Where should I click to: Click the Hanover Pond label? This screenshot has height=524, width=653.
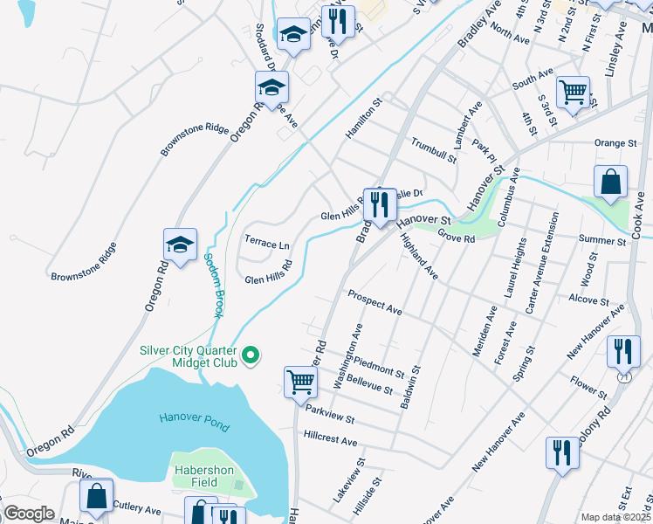pyautogui.click(x=194, y=422)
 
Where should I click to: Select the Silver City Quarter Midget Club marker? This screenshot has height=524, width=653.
pyautogui.click(x=251, y=355)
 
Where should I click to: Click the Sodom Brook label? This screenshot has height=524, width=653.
pyautogui.click(x=211, y=285)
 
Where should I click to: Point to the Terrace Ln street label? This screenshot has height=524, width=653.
pyautogui.click(x=266, y=245)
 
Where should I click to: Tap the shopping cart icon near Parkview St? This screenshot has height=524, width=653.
pyautogui.click(x=299, y=382)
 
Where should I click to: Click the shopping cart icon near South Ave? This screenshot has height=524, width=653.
pyautogui.click(x=573, y=92)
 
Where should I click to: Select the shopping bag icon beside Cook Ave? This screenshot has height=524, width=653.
pyautogui.click(x=610, y=182)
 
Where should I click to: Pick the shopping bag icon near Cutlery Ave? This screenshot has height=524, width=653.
pyautogui.click(x=96, y=495)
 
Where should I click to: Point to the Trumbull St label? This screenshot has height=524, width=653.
pyautogui.click(x=434, y=149)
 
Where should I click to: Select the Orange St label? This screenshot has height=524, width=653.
pyautogui.click(x=615, y=143)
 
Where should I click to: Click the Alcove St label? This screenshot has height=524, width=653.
pyautogui.click(x=588, y=300)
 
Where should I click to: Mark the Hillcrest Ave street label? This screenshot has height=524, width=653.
pyautogui.click(x=331, y=438)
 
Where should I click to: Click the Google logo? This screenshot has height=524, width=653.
pyautogui.click(x=29, y=514)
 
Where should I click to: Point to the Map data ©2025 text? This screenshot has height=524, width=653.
pyautogui.click(x=615, y=517)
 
